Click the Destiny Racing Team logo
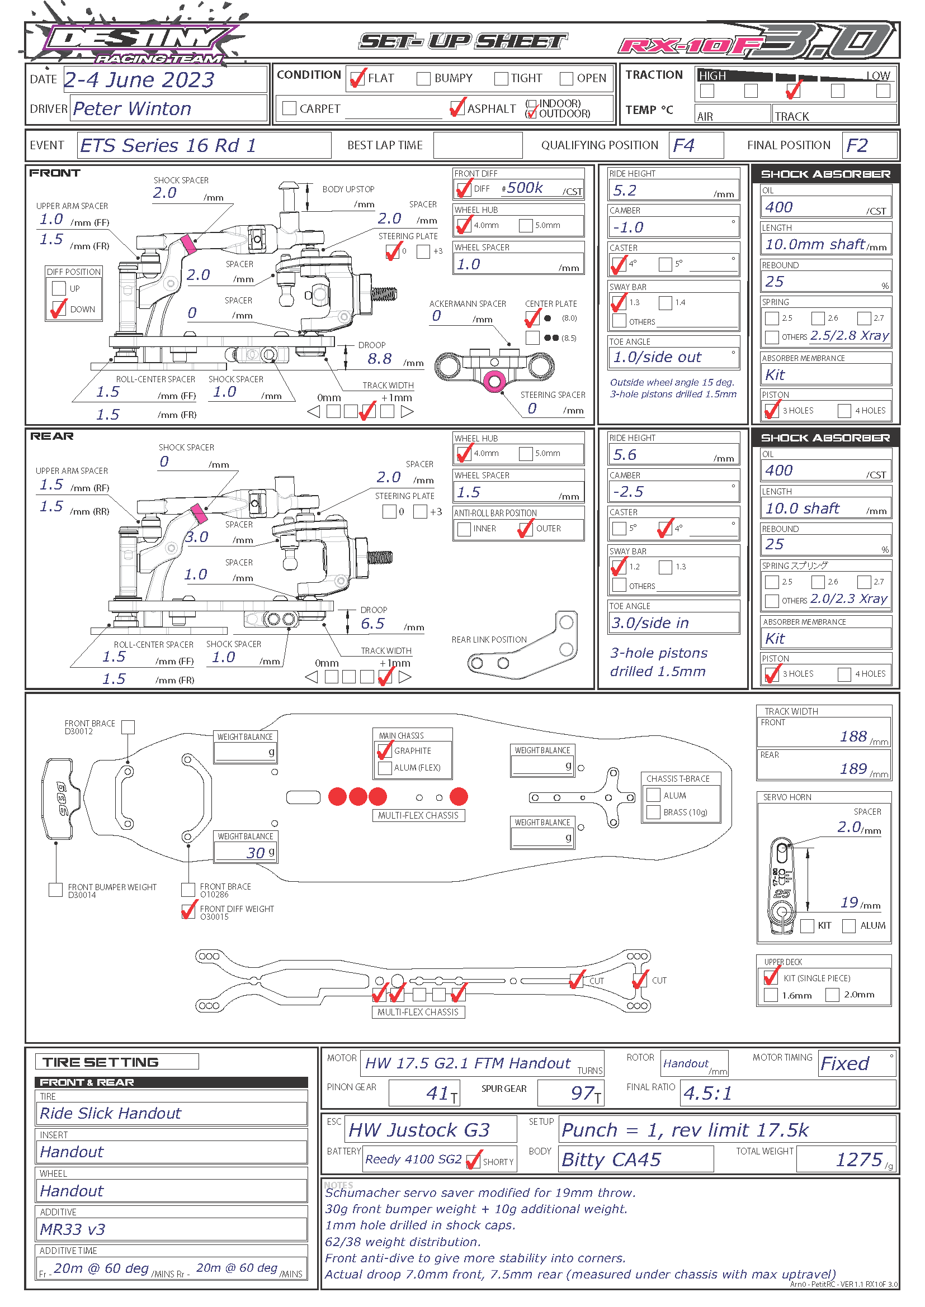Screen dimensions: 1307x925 [x=136, y=40]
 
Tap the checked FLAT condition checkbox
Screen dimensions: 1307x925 [x=358, y=78]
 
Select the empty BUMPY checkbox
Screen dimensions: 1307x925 [x=423, y=79]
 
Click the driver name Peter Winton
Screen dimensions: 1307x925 [x=132, y=109]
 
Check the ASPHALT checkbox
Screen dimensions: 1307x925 [x=457, y=108]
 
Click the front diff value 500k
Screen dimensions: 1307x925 [x=525, y=188]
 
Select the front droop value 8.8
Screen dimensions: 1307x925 [x=379, y=359]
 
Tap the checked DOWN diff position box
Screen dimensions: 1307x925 [x=59, y=309]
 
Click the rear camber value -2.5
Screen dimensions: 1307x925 [x=629, y=492]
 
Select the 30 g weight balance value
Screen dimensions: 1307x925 [x=256, y=853]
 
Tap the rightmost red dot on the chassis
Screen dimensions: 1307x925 [x=459, y=797]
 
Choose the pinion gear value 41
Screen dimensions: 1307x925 [x=437, y=1093]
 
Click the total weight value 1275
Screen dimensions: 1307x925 [x=859, y=1159]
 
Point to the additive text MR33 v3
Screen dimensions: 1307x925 [x=72, y=1229]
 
